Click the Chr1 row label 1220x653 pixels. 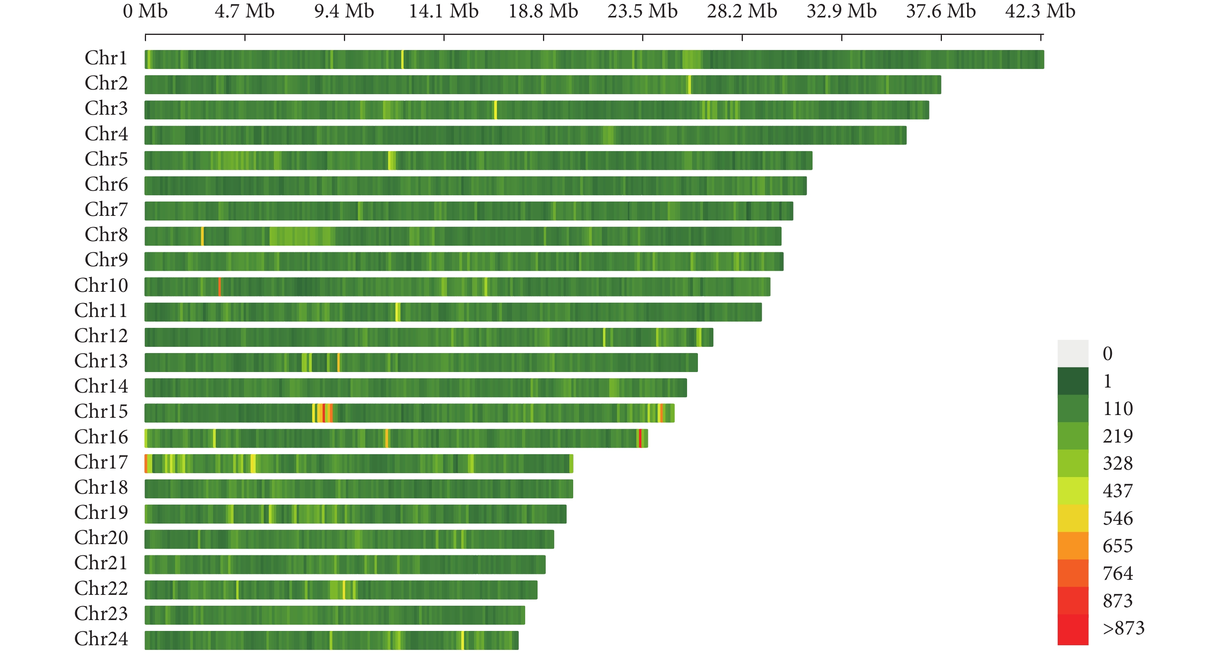point(106,58)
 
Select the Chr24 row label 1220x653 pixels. point(101,638)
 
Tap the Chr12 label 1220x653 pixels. point(101,336)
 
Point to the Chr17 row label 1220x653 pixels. point(101,462)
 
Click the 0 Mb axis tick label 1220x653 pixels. point(145,11)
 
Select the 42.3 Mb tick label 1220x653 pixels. point(1040,11)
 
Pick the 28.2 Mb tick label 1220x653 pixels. point(742,11)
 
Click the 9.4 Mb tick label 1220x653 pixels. point(344,11)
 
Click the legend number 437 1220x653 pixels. point(1118,491)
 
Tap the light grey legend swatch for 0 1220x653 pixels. point(1073,353)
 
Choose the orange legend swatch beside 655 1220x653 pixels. point(1073,545)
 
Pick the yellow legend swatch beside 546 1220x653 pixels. point(1073,518)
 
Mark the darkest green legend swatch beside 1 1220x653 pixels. point(1073,381)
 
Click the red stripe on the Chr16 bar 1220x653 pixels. point(640,438)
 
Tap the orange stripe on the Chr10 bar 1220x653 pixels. point(220,287)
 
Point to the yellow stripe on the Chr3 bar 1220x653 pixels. point(495,110)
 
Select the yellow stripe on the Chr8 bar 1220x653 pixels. point(203,236)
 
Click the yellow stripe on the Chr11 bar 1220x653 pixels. point(397,312)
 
